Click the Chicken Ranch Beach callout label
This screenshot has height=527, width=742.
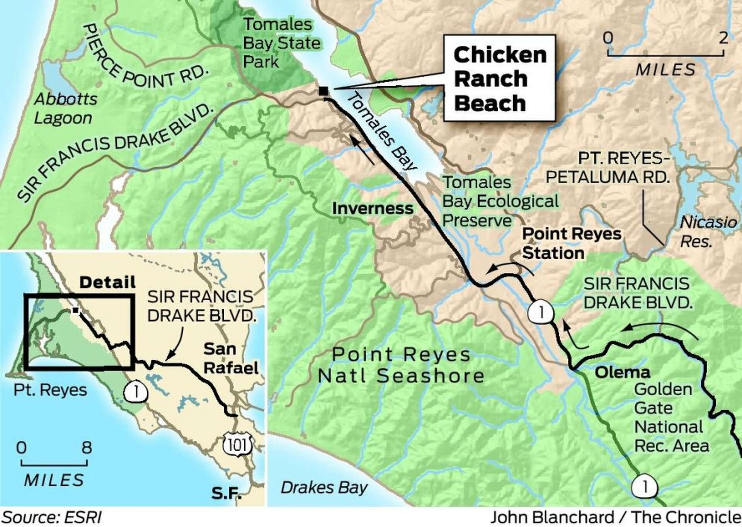(x=499, y=79)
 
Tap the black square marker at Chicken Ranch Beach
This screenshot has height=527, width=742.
(x=323, y=91)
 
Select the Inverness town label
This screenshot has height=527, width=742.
(x=373, y=209)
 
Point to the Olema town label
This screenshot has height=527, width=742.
(x=622, y=372)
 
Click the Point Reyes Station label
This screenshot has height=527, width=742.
(x=571, y=243)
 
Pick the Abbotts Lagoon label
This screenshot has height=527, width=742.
(x=65, y=109)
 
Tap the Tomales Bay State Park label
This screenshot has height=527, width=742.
(x=281, y=43)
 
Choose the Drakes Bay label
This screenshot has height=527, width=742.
(x=324, y=488)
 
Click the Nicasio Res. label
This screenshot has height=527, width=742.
(x=707, y=231)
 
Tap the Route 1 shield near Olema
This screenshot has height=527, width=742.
(x=541, y=312)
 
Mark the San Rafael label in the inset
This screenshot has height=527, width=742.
(x=230, y=358)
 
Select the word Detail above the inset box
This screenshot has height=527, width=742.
(x=107, y=282)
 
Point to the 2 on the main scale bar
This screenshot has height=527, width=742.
(x=723, y=38)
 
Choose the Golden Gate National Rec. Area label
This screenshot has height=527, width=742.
(x=671, y=417)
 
